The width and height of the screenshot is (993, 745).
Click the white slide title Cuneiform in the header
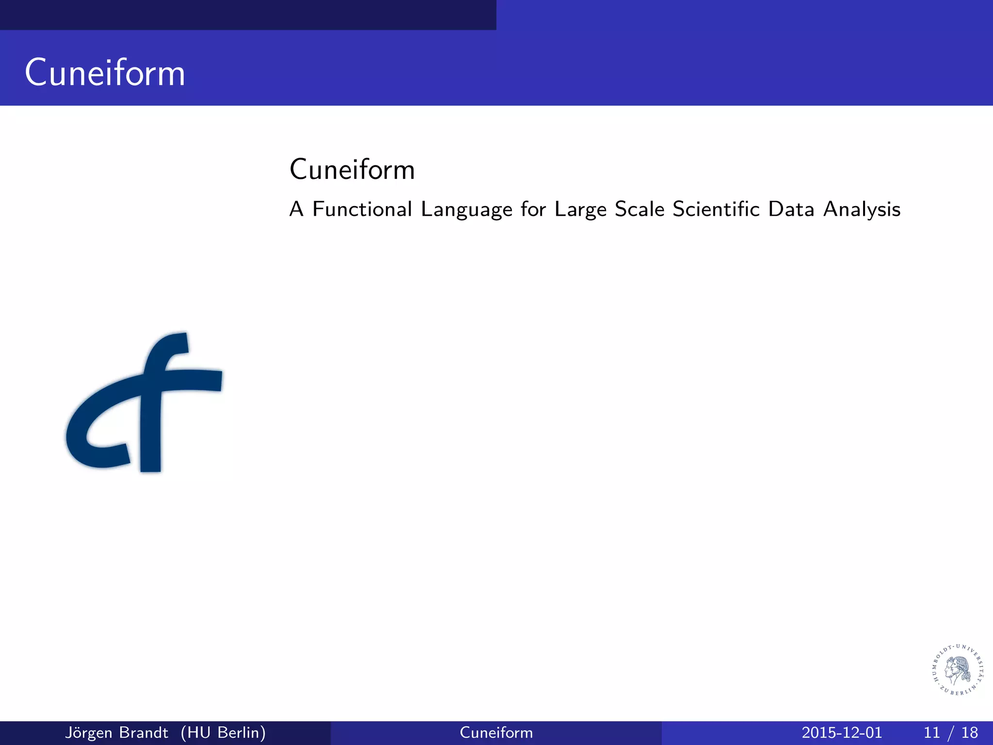(105, 73)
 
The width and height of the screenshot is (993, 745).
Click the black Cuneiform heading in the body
(352, 170)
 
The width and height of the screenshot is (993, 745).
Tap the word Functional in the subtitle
(362, 209)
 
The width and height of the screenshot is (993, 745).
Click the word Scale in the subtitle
(640, 209)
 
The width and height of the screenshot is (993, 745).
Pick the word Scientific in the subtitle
(716, 209)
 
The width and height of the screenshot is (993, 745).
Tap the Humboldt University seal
(958, 670)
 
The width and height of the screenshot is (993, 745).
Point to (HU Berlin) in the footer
(223, 732)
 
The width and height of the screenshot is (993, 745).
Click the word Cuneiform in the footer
(496, 732)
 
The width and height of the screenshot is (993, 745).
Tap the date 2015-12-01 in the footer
(842, 732)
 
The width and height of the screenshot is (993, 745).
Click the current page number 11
(932, 732)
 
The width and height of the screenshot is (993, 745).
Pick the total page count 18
(970, 732)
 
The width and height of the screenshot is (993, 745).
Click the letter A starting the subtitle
(296, 209)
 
